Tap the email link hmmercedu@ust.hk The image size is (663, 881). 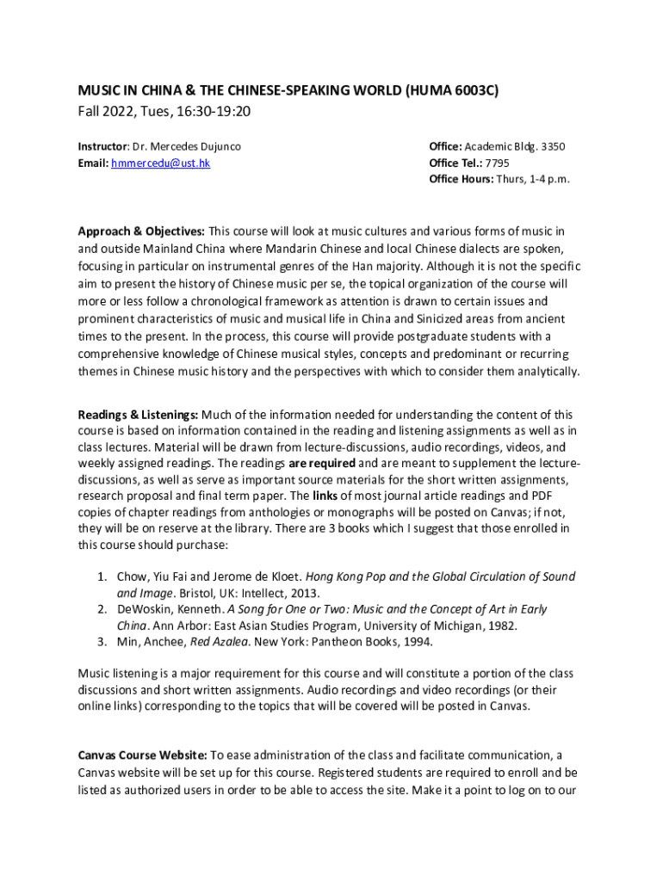pyautogui.click(x=160, y=163)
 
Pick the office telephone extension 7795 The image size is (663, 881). pyautogui.click(x=498, y=163)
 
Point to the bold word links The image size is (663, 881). pyautogui.click(x=325, y=496)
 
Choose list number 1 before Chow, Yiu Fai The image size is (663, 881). pyautogui.click(x=101, y=576)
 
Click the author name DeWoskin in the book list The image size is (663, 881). pyautogui.click(x=146, y=609)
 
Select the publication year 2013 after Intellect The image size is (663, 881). pyautogui.click(x=305, y=593)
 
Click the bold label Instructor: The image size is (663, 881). pyautogui.click(x=104, y=146)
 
